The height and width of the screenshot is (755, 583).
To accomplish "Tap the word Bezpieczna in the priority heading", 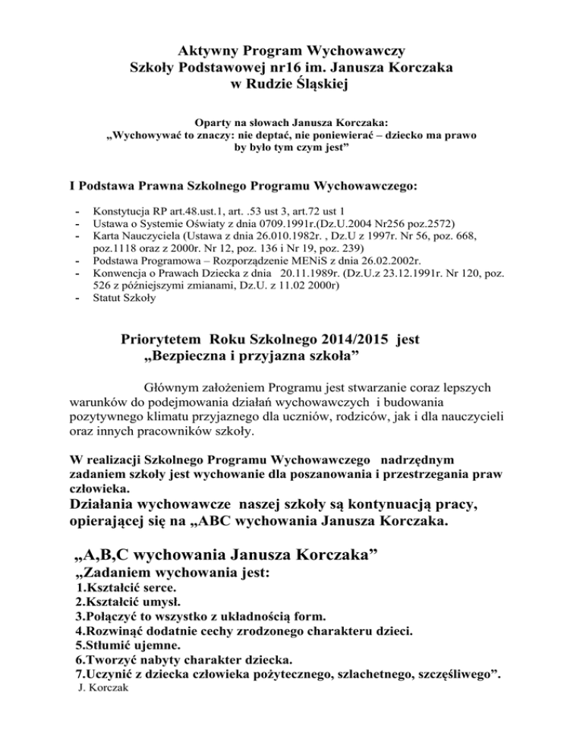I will (185, 355).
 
